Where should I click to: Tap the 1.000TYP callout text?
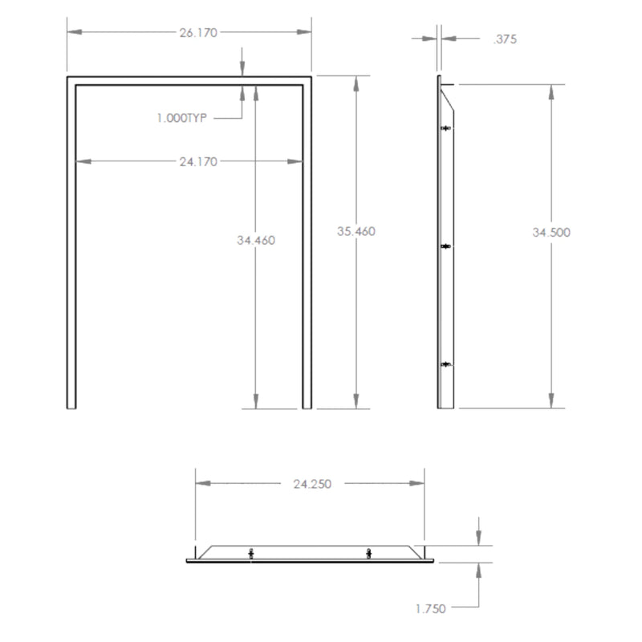pyautogui.click(x=182, y=118)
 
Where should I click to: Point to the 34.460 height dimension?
pyautogui.click(x=256, y=240)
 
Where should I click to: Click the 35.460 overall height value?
pyautogui.click(x=356, y=231)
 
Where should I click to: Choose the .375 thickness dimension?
pyautogui.click(x=505, y=38)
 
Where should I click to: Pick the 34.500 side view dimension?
pyautogui.click(x=551, y=232)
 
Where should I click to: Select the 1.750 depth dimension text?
pyautogui.click(x=431, y=609)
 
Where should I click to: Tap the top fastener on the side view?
pyautogui.click(x=447, y=128)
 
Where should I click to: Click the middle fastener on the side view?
pyautogui.click(x=447, y=247)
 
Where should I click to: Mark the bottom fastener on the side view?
pyautogui.click(x=447, y=365)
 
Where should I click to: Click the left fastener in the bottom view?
pyautogui.click(x=251, y=553)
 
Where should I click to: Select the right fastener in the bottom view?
pyautogui.click(x=368, y=553)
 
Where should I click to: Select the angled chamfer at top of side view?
pyautogui.click(x=449, y=100)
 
